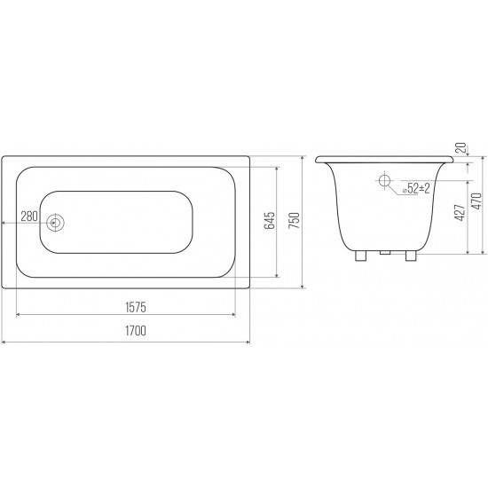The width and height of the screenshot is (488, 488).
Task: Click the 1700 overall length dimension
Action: tap(136, 331)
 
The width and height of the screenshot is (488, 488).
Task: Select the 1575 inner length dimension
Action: tap(136, 307)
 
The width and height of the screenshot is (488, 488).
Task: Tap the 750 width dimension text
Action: tap(294, 220)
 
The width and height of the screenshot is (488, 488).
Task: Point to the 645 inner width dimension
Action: tap(270, 220)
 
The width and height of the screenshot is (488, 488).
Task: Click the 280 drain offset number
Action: tap(29, 216)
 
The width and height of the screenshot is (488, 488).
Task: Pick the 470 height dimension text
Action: tap(476, 201)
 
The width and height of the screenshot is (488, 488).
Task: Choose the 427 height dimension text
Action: tap(460, 213)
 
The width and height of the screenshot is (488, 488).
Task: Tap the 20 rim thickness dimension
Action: tap(460, 147)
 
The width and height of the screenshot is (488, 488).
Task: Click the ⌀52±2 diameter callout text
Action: tap(416, 188)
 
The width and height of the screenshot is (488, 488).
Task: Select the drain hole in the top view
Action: tap(55, 223)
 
